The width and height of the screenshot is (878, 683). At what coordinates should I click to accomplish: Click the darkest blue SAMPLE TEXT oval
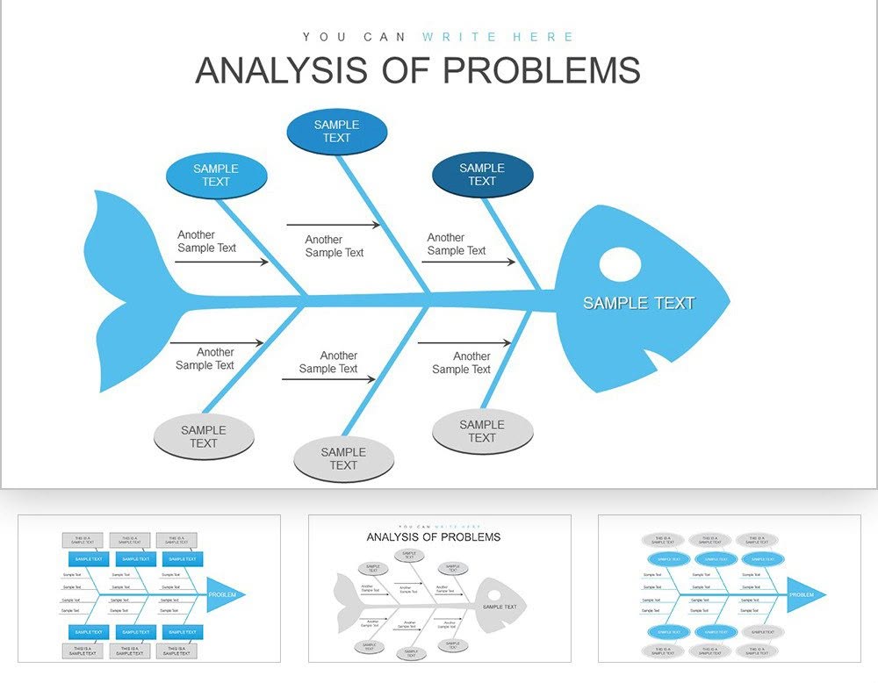pos(482,175)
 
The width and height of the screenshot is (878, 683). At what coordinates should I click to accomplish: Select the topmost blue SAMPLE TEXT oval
pos(336,132)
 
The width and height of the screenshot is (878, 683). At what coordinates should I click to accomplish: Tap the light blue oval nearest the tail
pos(215,176)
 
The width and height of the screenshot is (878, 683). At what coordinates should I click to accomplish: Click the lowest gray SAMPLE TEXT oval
pos(343,459)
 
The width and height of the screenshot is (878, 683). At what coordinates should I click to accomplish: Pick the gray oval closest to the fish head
pos(482,431)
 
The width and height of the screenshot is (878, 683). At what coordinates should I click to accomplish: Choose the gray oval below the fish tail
pos(204,436)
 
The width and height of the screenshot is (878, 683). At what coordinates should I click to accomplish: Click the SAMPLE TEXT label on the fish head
pos(638,303)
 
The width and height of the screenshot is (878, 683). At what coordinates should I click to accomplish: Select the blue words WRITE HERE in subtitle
pos(497,37)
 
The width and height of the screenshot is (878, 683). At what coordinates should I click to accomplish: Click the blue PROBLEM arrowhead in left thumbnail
pos(225,594)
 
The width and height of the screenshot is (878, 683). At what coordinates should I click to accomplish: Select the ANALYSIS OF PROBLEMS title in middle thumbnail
pos(433,536)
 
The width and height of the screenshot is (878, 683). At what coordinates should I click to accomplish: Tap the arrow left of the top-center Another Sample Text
pos(334,226)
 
